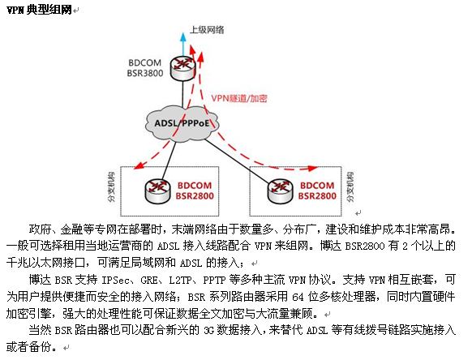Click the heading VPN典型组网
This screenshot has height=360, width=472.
pyautogui.click(x=39, y=10)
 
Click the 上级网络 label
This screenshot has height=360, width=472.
pyautogui.click(x=207, y=30)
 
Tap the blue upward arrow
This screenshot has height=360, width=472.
pyautogui.click(x=183, y=45)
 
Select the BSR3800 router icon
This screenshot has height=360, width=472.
pyautogui.click(x=182, y=68)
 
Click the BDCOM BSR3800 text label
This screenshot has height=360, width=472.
pyautogui.click(x=145, y=68)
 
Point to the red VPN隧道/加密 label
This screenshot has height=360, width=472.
pyautogui.click(x=239, y=98)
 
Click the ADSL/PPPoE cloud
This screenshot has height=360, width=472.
pyautogui.click(x=182, y=122)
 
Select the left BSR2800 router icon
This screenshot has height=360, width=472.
pyautogui.click(x=157, y=191)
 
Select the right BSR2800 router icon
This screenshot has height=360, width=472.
pyautogui.click(x=281, y=191)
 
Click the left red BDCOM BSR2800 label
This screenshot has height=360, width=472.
pyautogui.click(x=195, y=191)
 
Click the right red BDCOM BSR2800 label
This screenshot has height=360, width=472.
pyautogui.click(x=317, y=191)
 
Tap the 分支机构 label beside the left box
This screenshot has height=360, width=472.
pyautogui.click(x=112, y=187)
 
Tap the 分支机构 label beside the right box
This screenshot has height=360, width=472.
pyautogui.click(x=350, y=187)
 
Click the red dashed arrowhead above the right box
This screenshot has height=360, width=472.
pyautogui.click(x=313, y=169)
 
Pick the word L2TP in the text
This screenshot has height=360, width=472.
pyautogui.click(x=180, y=281)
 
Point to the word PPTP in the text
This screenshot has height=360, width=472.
pyautogui.click(x=214, y=281)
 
